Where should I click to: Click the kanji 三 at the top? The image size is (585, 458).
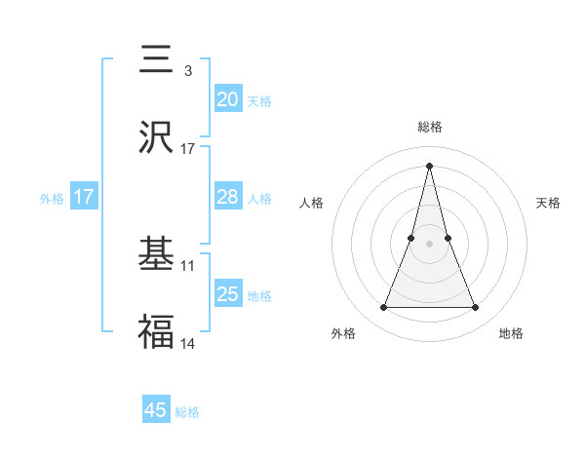click(156, 60)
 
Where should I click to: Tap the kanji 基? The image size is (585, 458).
click(156, 255)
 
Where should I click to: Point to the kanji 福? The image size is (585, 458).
click(156, 332)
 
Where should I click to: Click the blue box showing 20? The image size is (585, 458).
click(228, 99)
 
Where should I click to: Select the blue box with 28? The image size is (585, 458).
click(228, 197)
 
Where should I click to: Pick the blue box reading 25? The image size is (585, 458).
click(228, 293)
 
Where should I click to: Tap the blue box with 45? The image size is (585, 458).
click(156, 410)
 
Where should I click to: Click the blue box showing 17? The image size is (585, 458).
click(84, 197)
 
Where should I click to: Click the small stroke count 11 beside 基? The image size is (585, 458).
click(188, 265)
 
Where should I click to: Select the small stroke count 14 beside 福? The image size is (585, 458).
click(188, 343)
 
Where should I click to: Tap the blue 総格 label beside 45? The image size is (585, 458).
click(187, 412)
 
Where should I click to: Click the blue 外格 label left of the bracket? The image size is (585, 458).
click(52, 198)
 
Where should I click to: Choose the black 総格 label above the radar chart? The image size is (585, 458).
click(430, 127)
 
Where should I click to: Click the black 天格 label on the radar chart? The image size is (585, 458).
click(549, 203)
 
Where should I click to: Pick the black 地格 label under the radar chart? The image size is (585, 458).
click(511, 333)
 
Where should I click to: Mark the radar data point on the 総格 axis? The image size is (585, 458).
click(430, 166)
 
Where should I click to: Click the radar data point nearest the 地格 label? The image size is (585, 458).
click(476, 308)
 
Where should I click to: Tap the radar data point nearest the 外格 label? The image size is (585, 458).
click(384, 308)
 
